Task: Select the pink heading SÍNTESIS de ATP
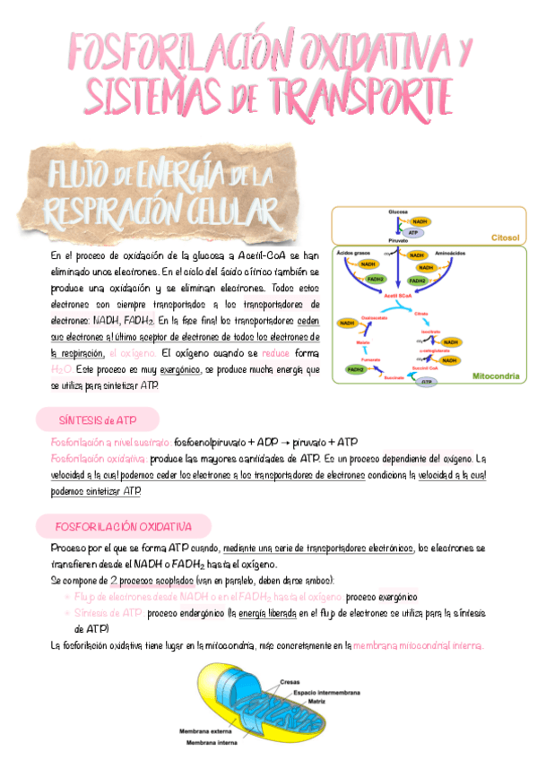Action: pos(98,419)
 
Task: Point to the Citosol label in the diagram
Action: pos(505,238)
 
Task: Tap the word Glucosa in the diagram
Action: pos(398,212)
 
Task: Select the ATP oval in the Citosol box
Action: pos(413,233)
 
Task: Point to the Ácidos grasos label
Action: pos(352,255)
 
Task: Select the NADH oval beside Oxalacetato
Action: pos(347,323)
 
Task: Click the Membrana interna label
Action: pos(212,742)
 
